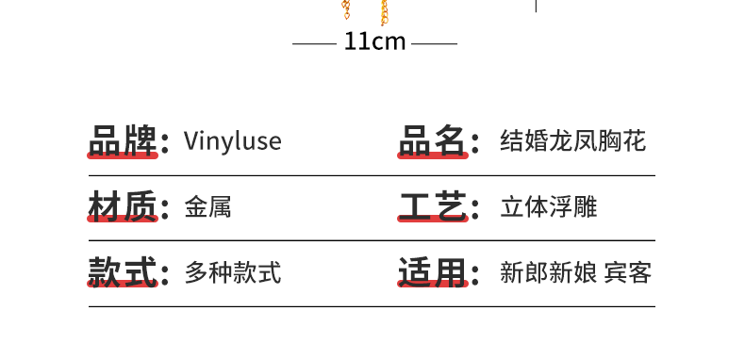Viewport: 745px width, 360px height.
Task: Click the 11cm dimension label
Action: (x=374, y=42)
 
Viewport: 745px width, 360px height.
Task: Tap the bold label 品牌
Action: (x=122, y=140)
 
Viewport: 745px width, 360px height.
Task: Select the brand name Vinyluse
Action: (x=233, y=141)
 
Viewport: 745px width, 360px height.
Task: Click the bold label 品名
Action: (x=432, y=140)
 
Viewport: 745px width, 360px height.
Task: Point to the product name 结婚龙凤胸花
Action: (x=572, y=141)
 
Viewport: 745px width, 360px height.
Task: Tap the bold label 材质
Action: (x=122, y=206)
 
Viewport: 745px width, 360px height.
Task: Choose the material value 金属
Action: (x=208, y=207)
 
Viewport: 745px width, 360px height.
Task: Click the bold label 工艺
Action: (x=432, y=206)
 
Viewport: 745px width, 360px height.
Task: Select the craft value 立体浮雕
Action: (x=548, y=207)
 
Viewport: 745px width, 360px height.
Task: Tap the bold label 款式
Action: (x=122, y=272)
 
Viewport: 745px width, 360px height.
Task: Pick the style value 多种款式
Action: (x=233, y=273)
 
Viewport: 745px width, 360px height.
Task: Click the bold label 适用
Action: (x=432, y=272)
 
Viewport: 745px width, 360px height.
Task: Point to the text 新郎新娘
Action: (x=548, y=273)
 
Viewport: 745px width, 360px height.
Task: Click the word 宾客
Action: (x=628, y=273)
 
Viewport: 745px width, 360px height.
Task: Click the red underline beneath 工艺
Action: (x=433, y=221)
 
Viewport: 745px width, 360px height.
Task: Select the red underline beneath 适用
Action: (x=433, y=286)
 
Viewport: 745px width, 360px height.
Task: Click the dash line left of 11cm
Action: (x=314, y=43)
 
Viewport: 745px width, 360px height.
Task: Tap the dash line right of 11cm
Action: (x=434, y=43)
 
